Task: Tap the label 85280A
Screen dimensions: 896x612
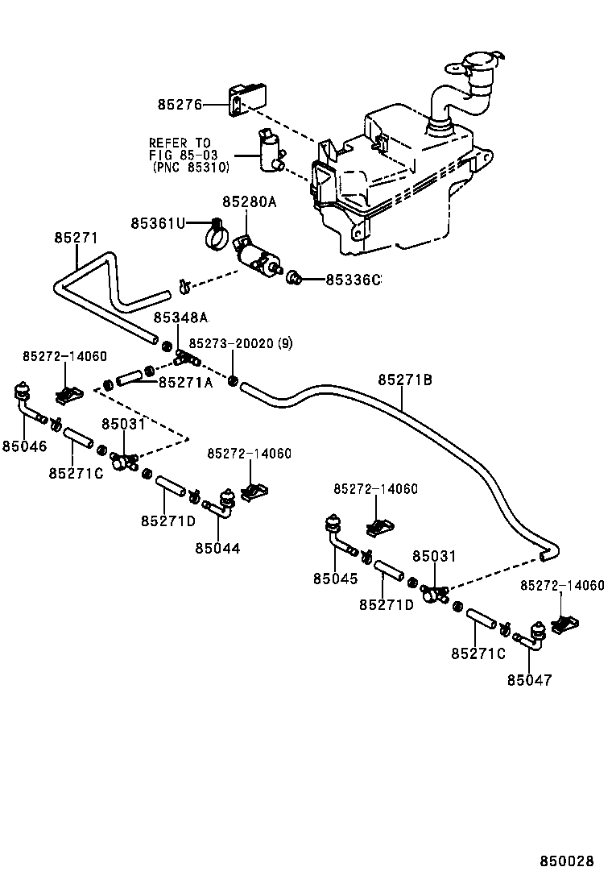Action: (x=250, y=202)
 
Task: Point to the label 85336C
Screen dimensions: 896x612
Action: (x=352, y=280)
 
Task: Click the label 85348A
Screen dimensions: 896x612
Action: (x=180, y=317)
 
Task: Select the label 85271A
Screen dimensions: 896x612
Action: (x=185, y=383)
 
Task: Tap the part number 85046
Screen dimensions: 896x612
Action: (x=24, y=446)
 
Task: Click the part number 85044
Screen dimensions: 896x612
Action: (x=217, y=548)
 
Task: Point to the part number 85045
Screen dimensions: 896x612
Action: (x=337, y=578)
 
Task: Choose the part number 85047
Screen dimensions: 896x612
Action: (x=530, y=679)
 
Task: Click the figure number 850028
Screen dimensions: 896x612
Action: (x=566, y=861)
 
